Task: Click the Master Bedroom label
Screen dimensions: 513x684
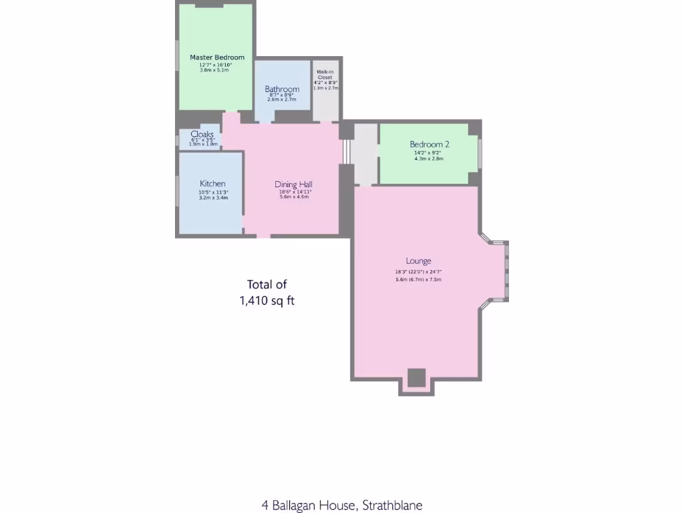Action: point(217,57)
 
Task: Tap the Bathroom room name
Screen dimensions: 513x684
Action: point(282,89)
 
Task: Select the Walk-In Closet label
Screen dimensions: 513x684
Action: point(326,74)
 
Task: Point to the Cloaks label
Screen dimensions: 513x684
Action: point(202,134)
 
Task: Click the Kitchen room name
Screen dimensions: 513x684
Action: point(212,184)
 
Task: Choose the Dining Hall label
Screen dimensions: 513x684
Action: point(294,184)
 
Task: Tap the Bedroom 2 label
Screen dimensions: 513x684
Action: point(430,144)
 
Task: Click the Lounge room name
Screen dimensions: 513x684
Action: point(419,261)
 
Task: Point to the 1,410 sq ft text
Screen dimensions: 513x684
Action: point(267,301)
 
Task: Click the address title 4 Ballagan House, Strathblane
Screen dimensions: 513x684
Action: point(342,505)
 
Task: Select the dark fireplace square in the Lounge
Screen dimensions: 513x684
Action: point(416,377)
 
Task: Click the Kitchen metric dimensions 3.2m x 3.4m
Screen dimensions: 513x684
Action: point(213,198)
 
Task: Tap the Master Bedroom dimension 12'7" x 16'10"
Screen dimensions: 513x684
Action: point(217,65)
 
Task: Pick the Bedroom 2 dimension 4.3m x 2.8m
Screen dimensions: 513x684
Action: point(429,159)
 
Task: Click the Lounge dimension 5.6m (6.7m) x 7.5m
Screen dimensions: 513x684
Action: point(418,279)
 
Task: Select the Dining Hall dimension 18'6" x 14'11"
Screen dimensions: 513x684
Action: point(295,192)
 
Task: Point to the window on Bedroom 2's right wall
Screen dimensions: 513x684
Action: point(480,153)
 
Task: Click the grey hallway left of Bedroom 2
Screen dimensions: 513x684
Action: point(365,154)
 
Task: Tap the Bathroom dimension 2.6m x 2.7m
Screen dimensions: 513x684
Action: point(282,100)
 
